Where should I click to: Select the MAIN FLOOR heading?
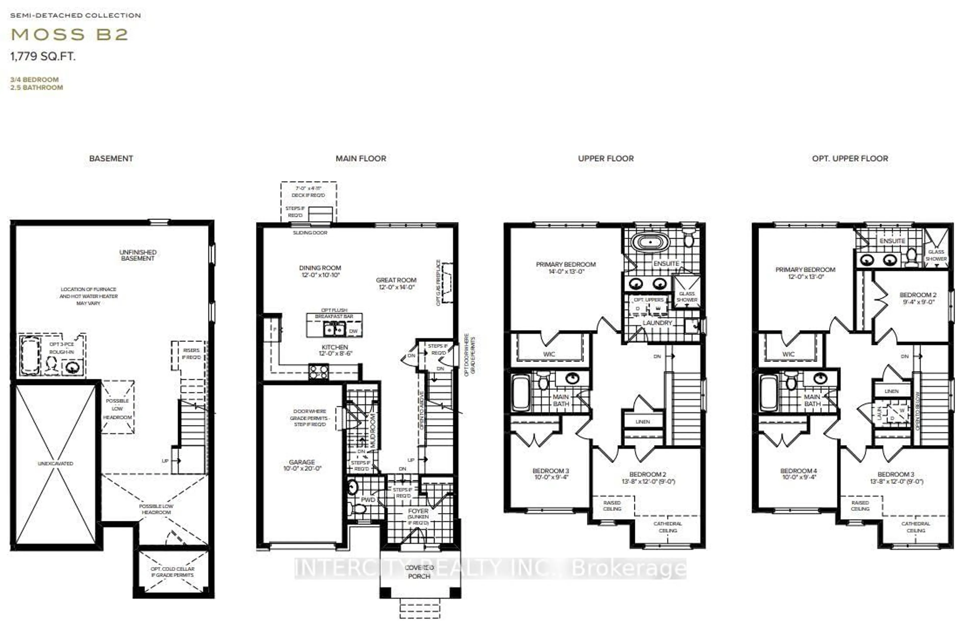pos(360,159)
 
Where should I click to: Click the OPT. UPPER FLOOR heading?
pos(850,159)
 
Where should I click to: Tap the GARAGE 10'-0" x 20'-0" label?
pos(302,465)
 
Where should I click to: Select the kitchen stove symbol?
pos(318,372)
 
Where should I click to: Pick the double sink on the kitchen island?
pos(334,329)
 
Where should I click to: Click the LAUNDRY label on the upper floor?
pos(657,323)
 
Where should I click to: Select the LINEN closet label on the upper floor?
pos(642,422)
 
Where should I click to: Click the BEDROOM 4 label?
pos(798,474)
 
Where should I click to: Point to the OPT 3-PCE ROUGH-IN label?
pos(61,348)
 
